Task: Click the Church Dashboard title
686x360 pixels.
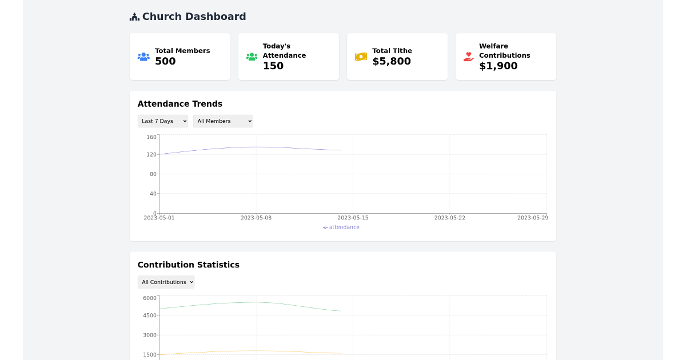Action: (194, 17)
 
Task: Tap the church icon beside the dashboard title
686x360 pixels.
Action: (134, 17)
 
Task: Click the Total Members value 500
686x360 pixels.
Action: (165, 61)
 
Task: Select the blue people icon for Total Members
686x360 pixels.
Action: (143, 57)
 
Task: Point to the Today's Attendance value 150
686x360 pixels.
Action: (273, 66)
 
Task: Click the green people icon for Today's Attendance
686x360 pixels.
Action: (252, 57)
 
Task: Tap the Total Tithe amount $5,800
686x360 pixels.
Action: (392, 61)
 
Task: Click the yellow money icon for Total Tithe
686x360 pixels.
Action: (361, 57)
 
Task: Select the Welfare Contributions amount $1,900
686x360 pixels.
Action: (498, 66)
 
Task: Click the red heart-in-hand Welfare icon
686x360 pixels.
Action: (469, 57)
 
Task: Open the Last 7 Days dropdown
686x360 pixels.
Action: (162, 121)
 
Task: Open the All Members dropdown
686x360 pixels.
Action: (223, 121)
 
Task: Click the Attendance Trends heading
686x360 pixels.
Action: (180, 104)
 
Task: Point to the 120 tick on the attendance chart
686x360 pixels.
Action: (151, 154)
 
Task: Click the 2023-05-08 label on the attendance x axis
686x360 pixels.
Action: (256, 218)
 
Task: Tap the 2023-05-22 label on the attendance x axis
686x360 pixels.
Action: (449, 218)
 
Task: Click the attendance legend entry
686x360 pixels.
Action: (341, 227)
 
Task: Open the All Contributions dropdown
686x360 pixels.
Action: (166, 282)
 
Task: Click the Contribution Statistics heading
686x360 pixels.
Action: (189, 265)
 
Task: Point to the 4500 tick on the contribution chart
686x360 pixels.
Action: (149, 315)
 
